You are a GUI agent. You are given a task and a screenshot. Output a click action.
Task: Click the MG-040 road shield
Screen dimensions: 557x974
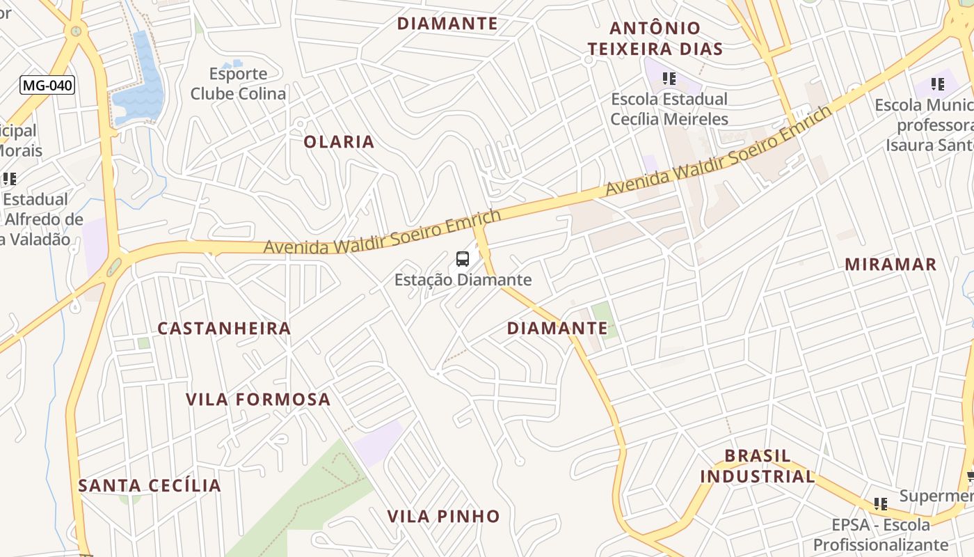coord(47,86)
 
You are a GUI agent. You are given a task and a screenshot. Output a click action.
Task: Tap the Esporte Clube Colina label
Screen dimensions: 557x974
coord(238,84)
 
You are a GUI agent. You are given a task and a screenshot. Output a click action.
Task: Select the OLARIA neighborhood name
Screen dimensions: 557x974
coord(339,142)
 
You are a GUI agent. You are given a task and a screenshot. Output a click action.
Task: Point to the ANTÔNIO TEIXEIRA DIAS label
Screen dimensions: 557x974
coord(655,38)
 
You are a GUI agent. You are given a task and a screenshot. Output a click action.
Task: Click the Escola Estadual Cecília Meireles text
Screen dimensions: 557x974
coord(669,109)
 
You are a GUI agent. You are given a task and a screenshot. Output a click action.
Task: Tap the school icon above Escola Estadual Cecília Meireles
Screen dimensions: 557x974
coord(669,79)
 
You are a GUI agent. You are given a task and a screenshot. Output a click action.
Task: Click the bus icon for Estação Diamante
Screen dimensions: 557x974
coord(463,259)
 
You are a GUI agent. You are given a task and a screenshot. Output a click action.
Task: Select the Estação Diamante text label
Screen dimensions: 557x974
coord(463,280)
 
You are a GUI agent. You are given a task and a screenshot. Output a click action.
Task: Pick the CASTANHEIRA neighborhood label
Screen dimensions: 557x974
coord(224,329)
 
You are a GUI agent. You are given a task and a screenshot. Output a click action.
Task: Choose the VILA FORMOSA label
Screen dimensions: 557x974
coord(258,400)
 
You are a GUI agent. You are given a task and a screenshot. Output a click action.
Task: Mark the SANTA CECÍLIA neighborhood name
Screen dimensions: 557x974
coord(150,486)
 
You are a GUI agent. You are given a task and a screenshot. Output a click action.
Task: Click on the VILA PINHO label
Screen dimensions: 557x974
coord(443,517)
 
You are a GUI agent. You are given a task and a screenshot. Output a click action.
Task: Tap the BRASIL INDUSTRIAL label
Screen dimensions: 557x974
coord(757,466)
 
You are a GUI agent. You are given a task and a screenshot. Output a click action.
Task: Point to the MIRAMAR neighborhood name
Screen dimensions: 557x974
coord(891,265)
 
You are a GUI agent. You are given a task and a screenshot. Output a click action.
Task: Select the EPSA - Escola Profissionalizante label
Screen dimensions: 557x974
coord(881,534)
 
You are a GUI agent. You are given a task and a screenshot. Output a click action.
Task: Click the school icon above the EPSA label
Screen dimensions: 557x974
coord(881,503)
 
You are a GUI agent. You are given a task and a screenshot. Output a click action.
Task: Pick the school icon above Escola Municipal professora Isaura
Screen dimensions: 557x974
coord(938,84)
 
